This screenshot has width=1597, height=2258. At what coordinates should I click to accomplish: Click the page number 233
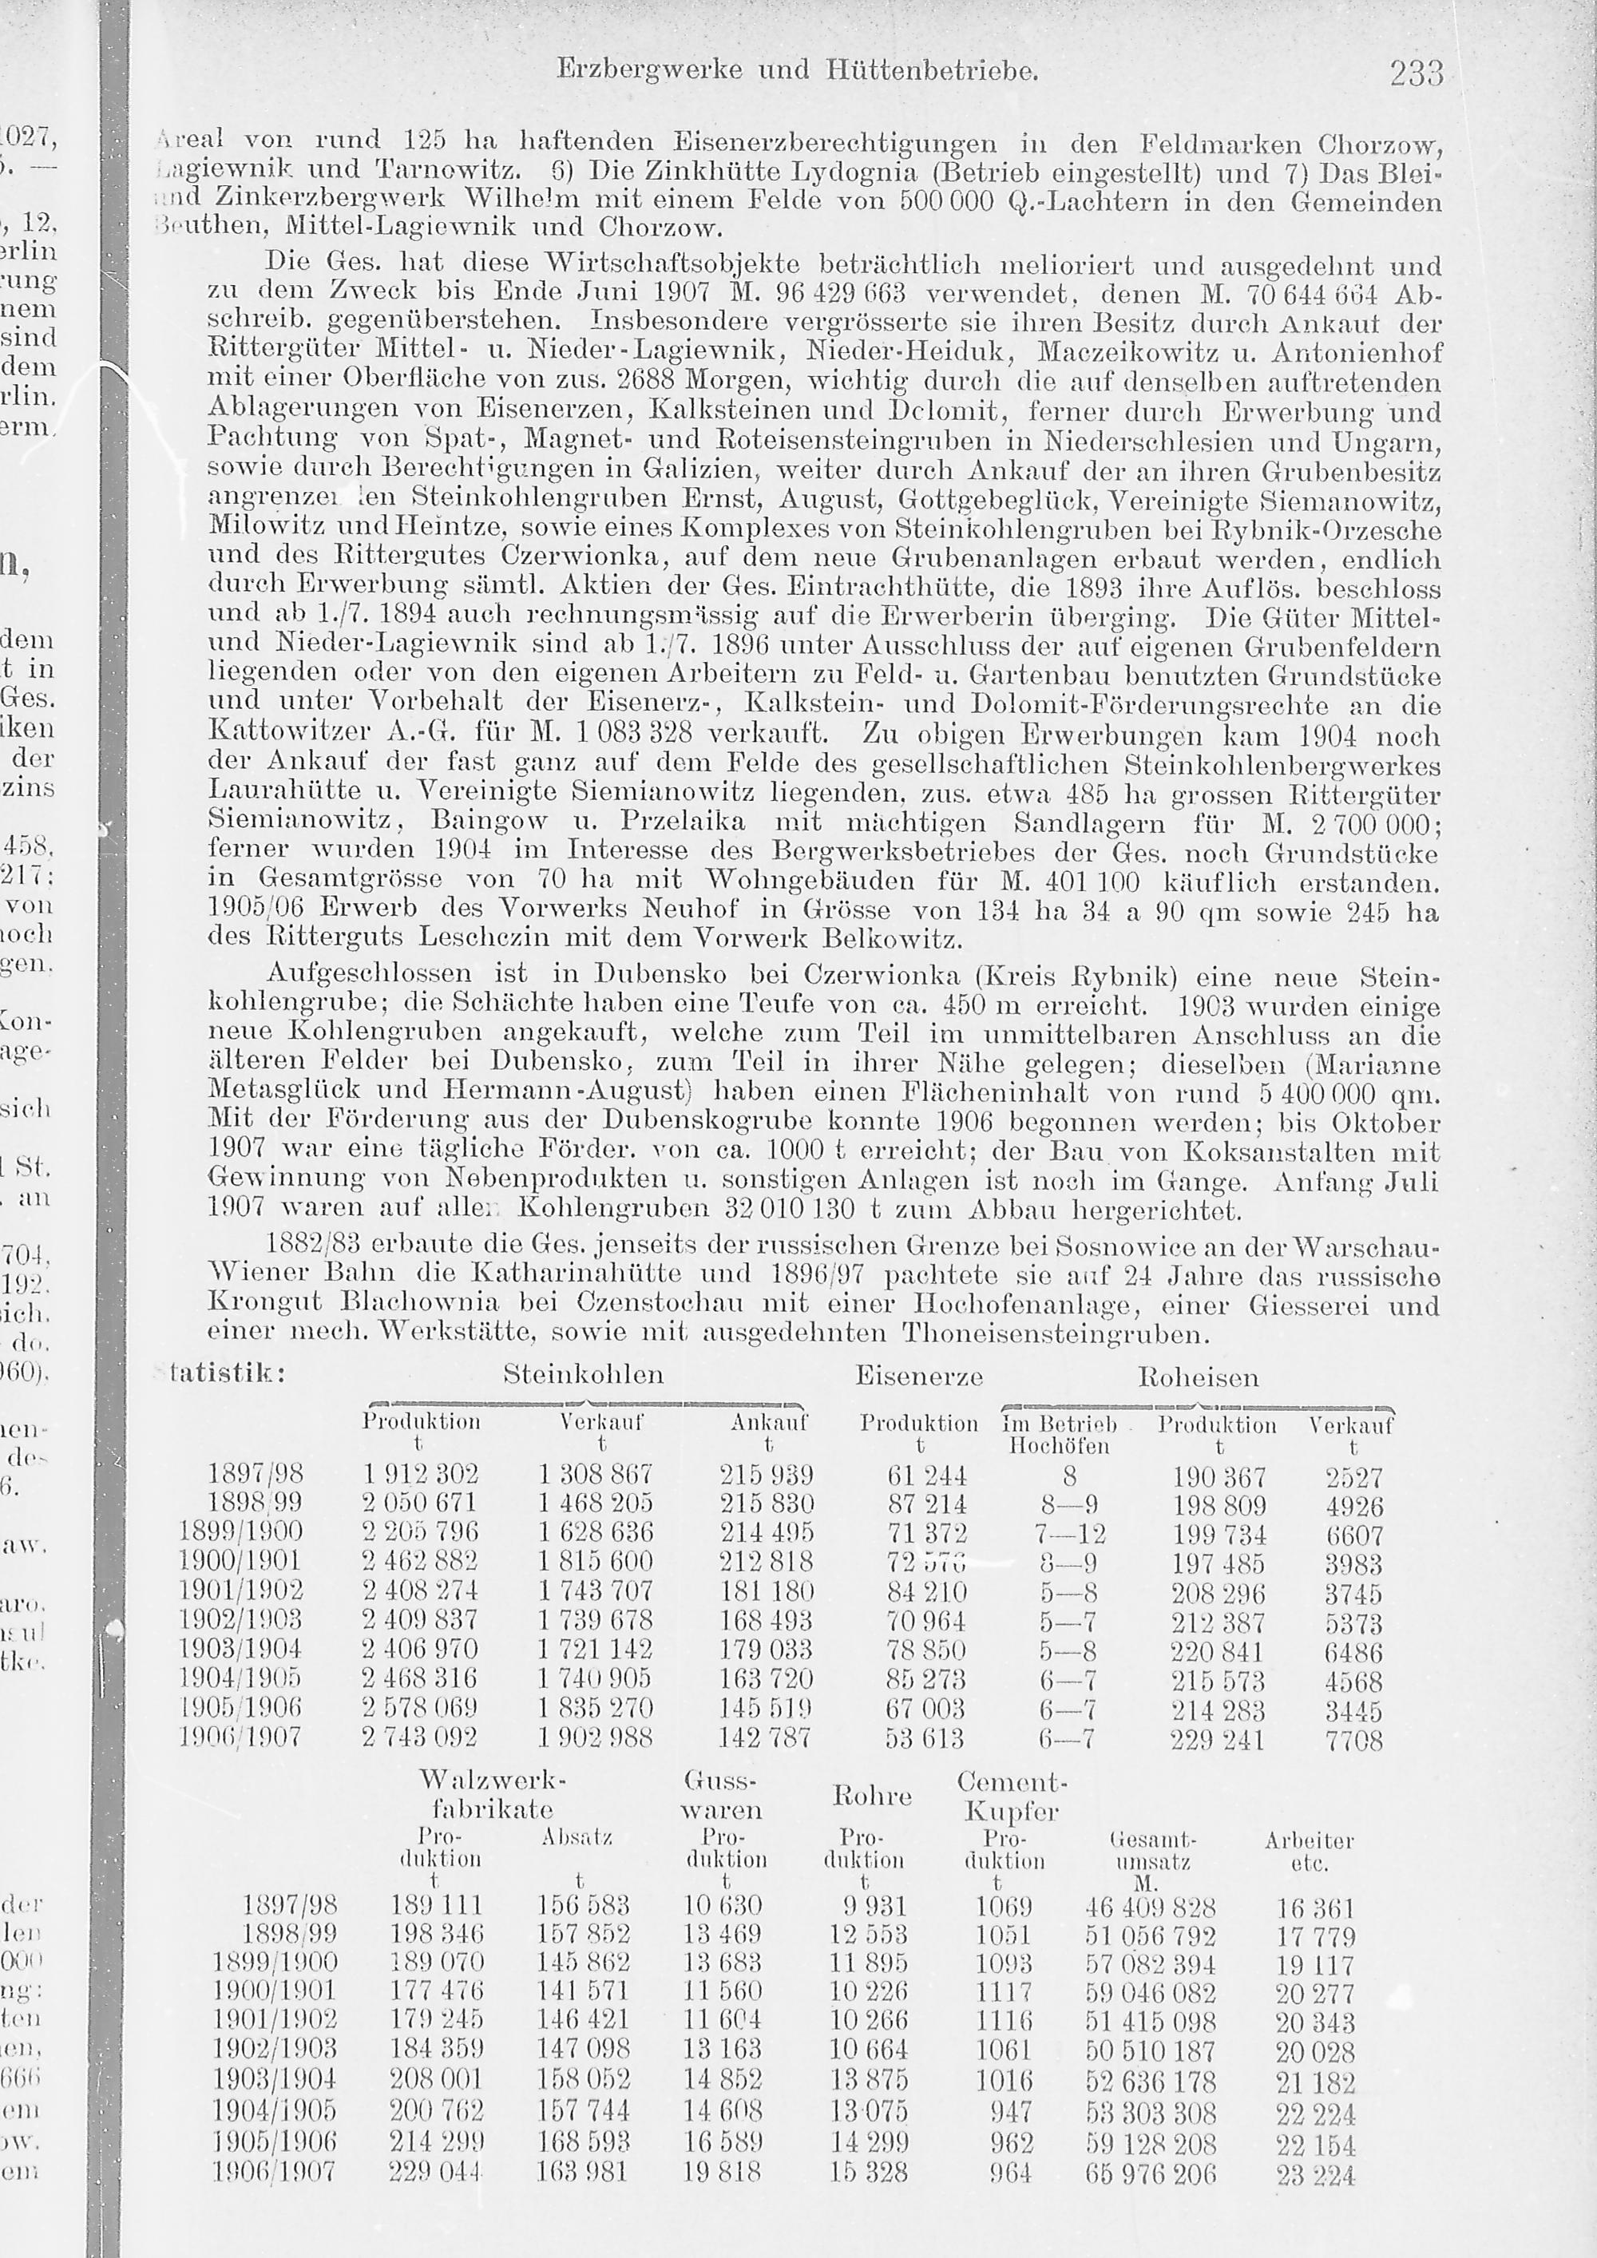[x=1416, y=73]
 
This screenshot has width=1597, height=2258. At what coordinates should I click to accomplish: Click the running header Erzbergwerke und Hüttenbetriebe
[x=798, y=69]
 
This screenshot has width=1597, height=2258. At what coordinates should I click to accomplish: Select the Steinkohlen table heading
[x=583, y=1375]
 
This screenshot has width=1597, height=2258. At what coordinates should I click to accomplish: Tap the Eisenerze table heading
[x=918, y=1377]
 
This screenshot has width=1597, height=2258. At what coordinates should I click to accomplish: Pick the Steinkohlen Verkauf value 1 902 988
[x=596, y=1737]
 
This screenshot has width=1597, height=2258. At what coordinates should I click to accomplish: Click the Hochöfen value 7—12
[x=1072, y=1534]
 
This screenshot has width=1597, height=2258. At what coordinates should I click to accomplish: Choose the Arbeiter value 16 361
[x=1316, y=1910]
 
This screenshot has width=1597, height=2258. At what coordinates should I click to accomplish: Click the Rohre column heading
[x=871, y=1796]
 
